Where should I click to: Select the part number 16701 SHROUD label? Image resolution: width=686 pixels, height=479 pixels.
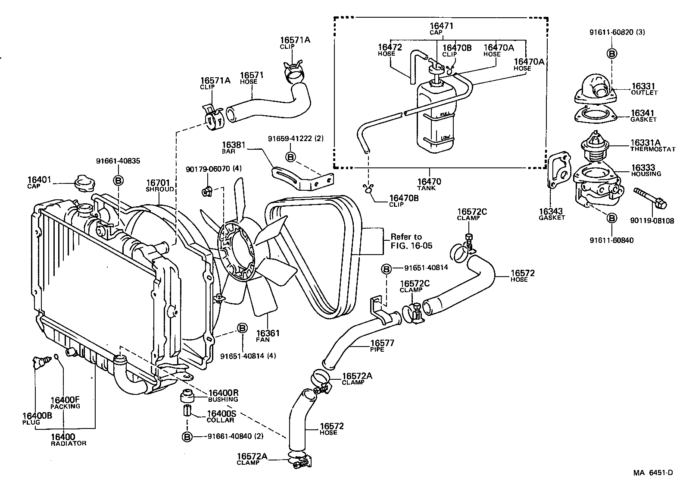159,185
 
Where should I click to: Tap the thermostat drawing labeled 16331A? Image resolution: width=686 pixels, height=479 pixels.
593,145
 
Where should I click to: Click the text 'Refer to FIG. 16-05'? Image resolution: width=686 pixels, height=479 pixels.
411,241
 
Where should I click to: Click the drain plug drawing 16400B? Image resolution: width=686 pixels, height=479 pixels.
40,362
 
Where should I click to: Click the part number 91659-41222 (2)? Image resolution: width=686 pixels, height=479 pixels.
295,139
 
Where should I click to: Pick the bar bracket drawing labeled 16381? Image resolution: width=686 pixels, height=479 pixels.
302,177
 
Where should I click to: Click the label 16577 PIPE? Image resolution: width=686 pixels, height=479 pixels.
382,346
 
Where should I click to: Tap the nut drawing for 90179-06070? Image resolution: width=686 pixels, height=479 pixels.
206,190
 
